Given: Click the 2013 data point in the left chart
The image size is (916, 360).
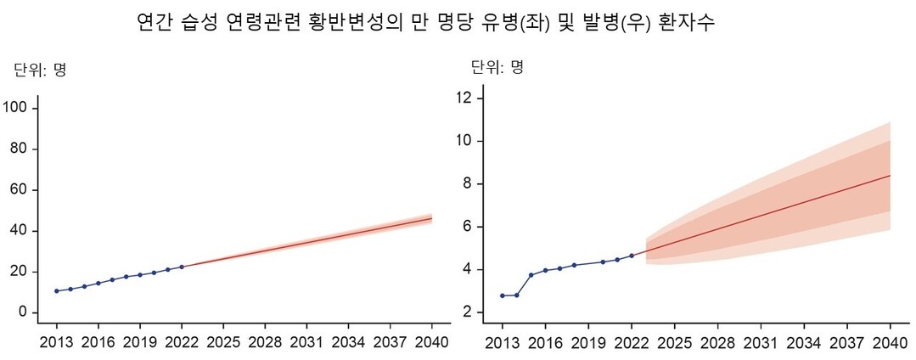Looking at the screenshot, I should click(x=57, y=291).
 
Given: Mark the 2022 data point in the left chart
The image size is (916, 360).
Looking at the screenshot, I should click(x=182, y=267).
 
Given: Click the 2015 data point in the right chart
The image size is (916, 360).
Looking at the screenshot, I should click(x=531, y=275).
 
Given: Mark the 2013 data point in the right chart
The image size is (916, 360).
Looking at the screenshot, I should click(x=503, y=295).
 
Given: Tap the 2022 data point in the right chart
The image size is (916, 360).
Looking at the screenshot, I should click(x=632, y=256).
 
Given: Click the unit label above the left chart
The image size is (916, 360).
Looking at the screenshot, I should click(x=41, y=70).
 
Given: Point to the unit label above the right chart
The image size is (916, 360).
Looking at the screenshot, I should click(x=497, y=66).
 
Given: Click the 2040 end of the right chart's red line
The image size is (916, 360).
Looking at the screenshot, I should click(x=890, y=176).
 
